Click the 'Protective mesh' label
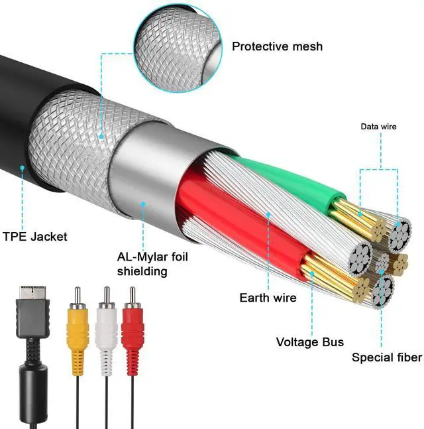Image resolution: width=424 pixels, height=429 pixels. coord(277,46)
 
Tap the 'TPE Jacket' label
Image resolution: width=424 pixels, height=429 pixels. coord(34,236)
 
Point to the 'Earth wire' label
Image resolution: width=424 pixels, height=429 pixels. coord(268,298)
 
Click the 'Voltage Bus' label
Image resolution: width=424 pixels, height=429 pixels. coord(309,342)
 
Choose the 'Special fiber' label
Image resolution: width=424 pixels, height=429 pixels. coord(386,357)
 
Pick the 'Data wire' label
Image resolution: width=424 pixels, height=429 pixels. coord(378,126)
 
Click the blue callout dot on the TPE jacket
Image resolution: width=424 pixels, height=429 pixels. coord(22,168)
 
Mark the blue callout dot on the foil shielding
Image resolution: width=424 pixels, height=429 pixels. coord(142,204)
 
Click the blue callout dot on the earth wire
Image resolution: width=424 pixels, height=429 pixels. coord(268,214)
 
